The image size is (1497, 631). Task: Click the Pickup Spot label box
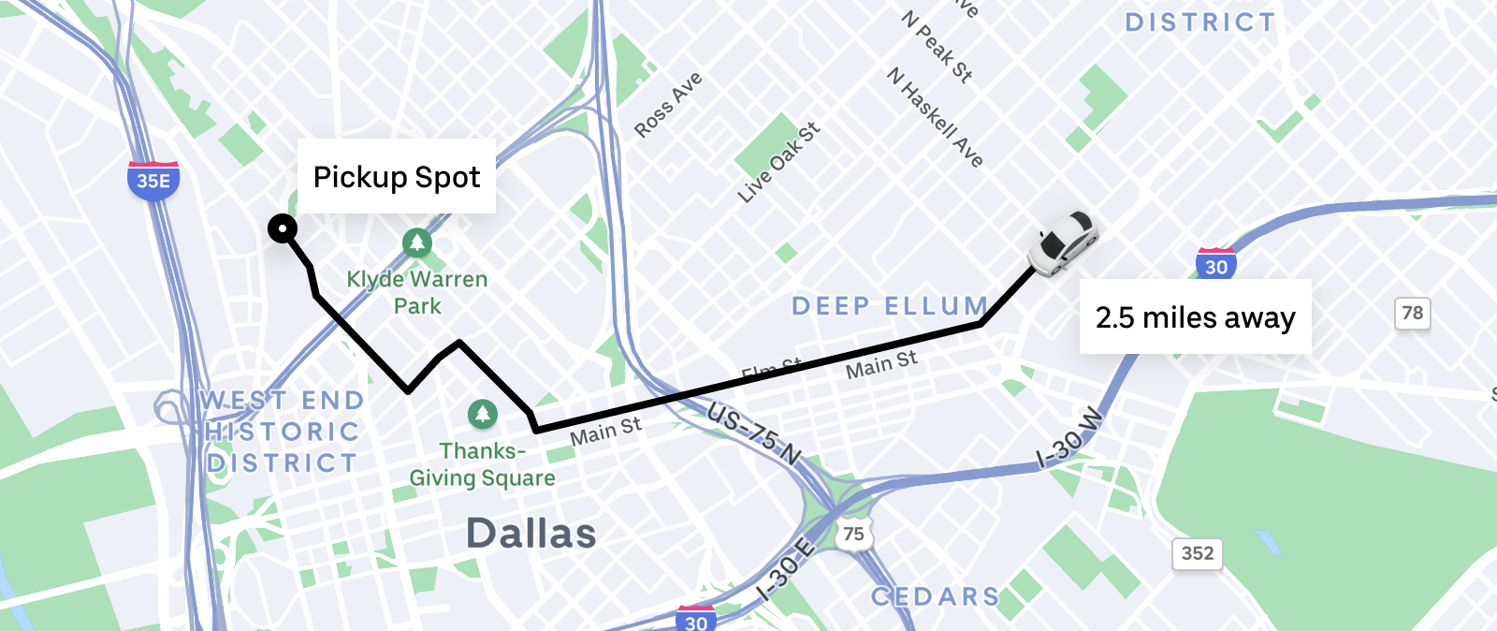pos(397,177)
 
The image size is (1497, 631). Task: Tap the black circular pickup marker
pos(283,228)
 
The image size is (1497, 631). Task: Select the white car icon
pos(1063,242)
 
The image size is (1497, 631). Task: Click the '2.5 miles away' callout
pos(1195,317)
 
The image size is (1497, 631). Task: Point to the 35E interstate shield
pos(153,180)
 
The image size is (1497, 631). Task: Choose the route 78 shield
pos(1412,313)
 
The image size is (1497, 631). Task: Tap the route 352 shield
pos(1197,553)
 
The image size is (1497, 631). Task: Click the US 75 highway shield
pos(853,534)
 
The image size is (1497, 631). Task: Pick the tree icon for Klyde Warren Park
pos(417,242)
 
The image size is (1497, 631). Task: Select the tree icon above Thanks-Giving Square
pos(483,413)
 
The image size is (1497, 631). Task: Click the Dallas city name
pos(530,534)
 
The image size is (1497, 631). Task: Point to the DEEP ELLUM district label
pos(890,306)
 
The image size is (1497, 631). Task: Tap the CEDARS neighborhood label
pos(935,596)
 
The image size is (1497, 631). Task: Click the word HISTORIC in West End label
pos(282,432)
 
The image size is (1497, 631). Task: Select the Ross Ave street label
pos(668,104)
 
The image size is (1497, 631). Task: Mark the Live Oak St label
pos(778,162)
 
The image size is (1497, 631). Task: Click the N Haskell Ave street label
pos(935,117)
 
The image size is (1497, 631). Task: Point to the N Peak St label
pos(937,46)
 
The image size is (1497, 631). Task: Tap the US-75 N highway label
pos(754,433)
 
